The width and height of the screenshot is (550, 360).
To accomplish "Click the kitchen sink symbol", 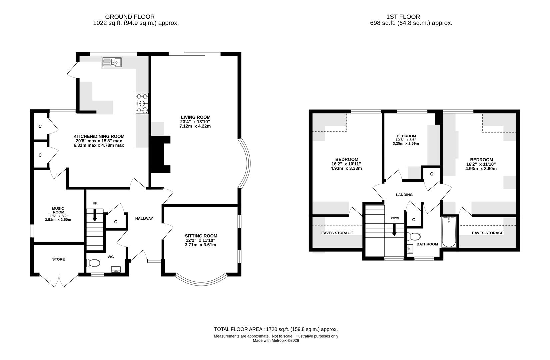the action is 112,62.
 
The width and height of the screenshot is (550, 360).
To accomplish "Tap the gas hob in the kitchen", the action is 142,103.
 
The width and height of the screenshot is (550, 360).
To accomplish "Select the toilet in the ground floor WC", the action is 93,263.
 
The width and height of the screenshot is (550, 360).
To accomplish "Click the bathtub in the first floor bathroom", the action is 449,232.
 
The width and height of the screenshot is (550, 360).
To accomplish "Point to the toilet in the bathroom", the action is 413,236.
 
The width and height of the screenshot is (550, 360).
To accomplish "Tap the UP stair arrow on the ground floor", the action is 95,215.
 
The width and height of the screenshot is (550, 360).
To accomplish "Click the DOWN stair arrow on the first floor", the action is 394,230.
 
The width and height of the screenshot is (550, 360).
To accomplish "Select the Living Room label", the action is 195,117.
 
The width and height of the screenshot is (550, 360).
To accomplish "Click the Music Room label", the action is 58,210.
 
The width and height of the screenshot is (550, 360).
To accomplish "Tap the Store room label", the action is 58,259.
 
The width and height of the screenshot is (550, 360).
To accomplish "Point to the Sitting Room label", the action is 201,236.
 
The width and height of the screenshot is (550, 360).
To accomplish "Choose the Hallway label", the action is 144,218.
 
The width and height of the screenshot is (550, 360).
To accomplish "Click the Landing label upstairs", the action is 404,195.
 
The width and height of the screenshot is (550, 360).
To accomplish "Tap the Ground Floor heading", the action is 130,17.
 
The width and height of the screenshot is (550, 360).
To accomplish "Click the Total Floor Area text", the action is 276,329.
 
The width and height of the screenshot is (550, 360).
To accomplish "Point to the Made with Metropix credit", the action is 276,341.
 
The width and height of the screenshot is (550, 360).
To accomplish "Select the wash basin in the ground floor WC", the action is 116,269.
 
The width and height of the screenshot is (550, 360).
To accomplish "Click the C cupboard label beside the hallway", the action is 116,222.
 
